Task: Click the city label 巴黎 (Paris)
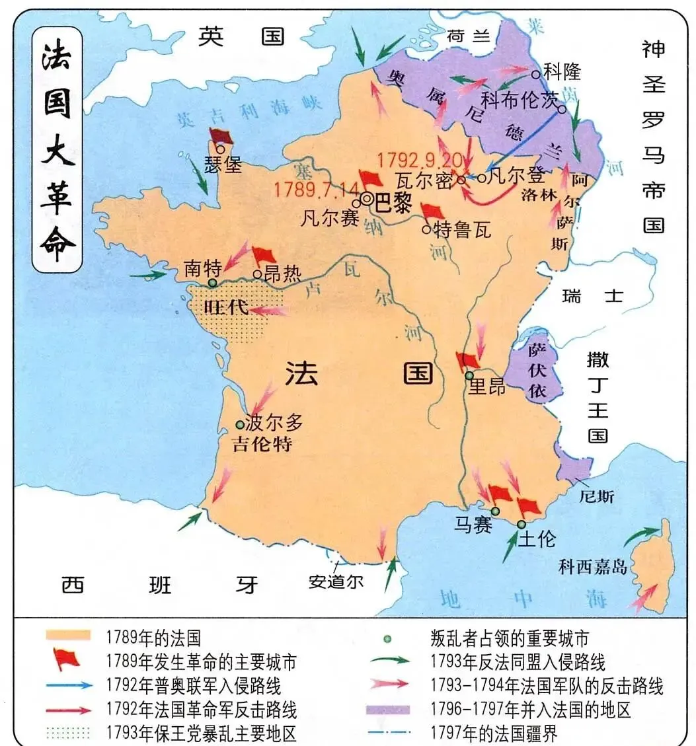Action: [394, 202]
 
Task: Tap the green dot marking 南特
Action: [212, 283]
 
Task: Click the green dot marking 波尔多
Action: [240, 425]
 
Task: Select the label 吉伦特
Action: [262, 443]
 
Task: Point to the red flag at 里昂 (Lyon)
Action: [467, 361]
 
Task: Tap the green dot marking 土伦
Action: [522, 524]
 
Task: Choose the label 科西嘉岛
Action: [592, 566]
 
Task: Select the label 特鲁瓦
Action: [463, 229]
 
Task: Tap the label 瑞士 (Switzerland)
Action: [592, 295]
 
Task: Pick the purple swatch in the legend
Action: [387, 710]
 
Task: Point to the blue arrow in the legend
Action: [69, 685]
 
